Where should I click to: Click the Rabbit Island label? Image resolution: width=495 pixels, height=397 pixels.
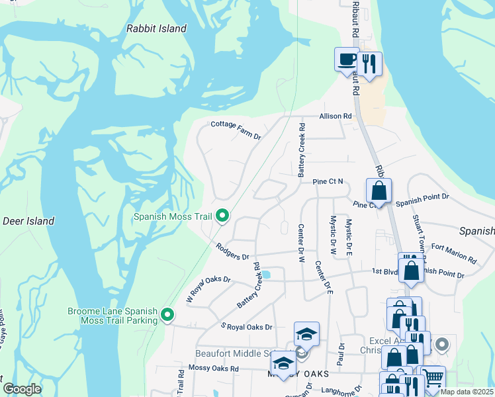coord(156,28)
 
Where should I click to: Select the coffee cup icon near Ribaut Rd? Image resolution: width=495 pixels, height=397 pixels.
coord(346,60)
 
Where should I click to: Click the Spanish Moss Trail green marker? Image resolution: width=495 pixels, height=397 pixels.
coord(222,216)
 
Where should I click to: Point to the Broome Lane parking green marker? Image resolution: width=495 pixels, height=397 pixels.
coord(168,316)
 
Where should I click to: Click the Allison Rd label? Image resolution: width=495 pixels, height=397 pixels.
coord(335,116)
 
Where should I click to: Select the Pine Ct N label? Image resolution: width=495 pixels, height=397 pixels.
coord(329,181)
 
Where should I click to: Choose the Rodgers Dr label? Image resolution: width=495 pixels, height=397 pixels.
coord(232,251)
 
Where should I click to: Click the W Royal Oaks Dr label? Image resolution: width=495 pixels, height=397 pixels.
coord(209,288)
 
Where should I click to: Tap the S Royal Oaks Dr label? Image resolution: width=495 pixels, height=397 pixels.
coord(246,327)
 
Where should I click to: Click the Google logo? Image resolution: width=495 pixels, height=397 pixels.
coord(22,389)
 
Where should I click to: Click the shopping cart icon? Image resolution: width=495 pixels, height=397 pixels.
coord(433,377)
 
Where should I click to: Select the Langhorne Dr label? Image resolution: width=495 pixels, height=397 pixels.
coord(341,390)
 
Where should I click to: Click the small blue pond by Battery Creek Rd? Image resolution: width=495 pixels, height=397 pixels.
coord(266,275)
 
